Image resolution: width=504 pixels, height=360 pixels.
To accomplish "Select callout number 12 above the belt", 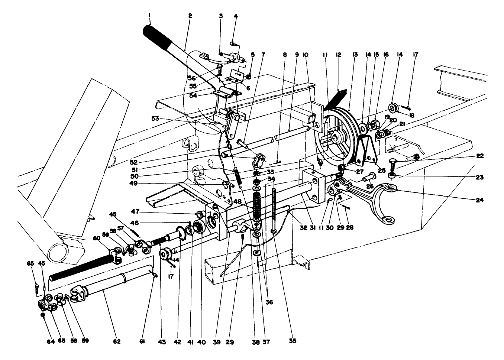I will [339, 55].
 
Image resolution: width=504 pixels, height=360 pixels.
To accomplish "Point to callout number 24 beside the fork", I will [480, 200].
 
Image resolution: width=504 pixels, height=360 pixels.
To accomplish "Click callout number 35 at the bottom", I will [293, 340].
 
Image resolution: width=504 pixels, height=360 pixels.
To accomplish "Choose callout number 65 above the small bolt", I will [30, 263].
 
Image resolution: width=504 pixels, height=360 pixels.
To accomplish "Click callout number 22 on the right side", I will [480, 156].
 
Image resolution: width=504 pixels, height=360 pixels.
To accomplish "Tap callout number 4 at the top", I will [236, 16].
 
